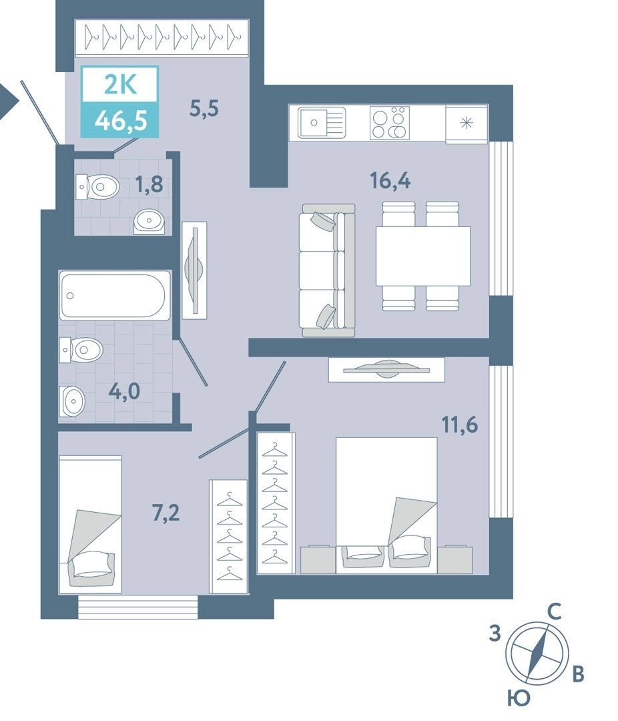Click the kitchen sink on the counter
[x=322, y=122]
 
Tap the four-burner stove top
[x=390, y=122]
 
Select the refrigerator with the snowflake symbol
[x=467, y=124]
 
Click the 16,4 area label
[x=390, y=181]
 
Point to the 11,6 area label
[x=460, y=425]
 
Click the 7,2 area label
[x=166, y=513]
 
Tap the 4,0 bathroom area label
[x=124, y=392]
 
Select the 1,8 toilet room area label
[x=149, y=185]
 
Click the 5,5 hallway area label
[x=204, y=109]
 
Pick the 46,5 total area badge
[x=121, y=121]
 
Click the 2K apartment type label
[x=121, y=85]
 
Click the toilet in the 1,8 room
[x=97, y=187]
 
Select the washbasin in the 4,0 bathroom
[x=73, y=401]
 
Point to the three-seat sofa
[x=328, y=270]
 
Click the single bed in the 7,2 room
[x=90, y=525]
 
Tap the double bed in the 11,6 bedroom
[x=386, y=505]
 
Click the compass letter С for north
[x=555, y=612]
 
